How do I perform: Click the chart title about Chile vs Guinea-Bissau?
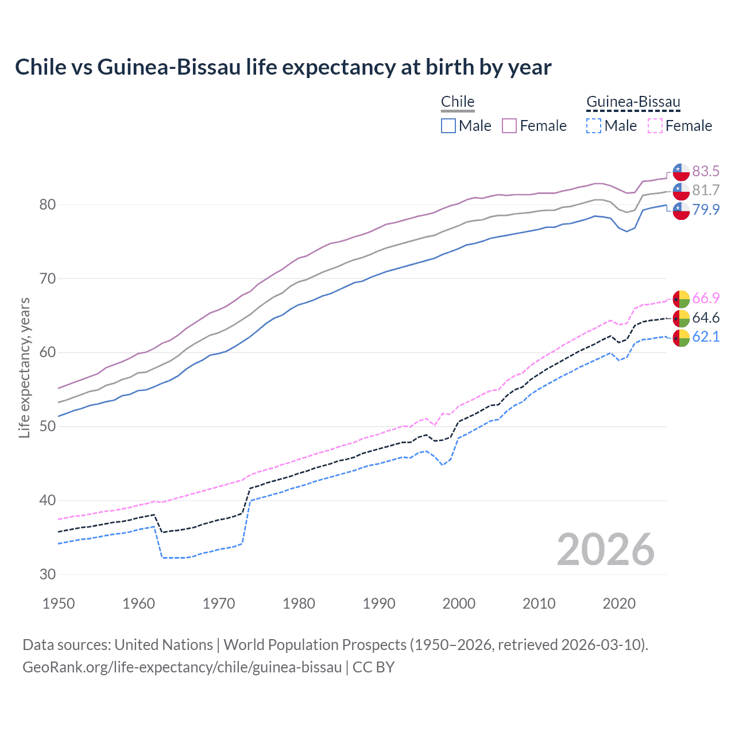pyautogui.click(x=283, y=67)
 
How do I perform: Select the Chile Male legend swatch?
pyautogui.click(x=448, y=126)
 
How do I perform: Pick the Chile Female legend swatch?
pyautogui.click(x=509, y=126)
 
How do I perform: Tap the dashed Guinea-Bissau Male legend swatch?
pyautogui.click(x=594, y=126)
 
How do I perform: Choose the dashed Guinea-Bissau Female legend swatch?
pyautogui.click(x=655, y=126)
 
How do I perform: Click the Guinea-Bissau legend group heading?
pyautogui.click(x=633, y=102)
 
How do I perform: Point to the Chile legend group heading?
pyautogui.click(x=458, y=102)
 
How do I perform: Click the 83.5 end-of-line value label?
pyautogui.click(x=706, y=171)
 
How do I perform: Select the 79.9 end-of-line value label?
pyautogui.click(x=706, y=210)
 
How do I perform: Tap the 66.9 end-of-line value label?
pyautogui.click(x=706, y=298)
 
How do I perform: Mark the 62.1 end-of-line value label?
pyautogui.click(x=706, y=336)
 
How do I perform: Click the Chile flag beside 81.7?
pyautogui.click(x=681, y=191)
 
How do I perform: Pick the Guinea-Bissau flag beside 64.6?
pyautogui.click(x=681, y=318)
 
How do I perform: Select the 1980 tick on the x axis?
pyautogui.click(x=299, y=604)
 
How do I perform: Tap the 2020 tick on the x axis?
pyautogui.click(x=619, y=604)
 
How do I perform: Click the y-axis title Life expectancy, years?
pyautogui.click(x=24, y=367)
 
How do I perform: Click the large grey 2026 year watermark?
pyautogui.click(x=606, y=550)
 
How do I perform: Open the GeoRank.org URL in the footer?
pyautogui.click(x=182, y=667)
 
